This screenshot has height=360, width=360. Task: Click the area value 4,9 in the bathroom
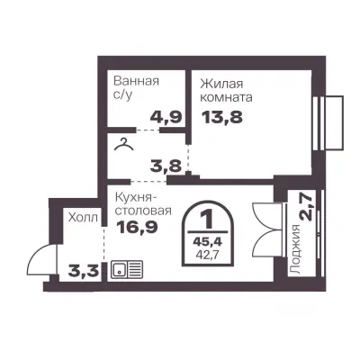pyautogui.click(x=166, y=117)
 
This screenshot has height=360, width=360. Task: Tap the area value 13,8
pyautogui.click(x=222, y=117)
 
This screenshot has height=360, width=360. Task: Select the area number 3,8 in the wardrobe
pyautogui.click(x=166, y=166)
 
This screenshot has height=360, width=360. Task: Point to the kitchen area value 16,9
pyautogui.click(x=137, y=228)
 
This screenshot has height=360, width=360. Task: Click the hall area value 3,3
pyautogui.click(x=84, y=272)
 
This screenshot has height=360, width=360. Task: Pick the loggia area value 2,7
pyautogui.click(x=307, y=207)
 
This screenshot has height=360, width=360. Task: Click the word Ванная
pyautogui.click(x=137, y=81)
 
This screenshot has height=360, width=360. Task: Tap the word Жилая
pyautogui.click(x=221, y=84)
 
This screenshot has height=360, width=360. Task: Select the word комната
pyautogui.click(x=226, y=98)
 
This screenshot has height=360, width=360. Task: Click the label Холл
pyautogui.click(x=83, y=218)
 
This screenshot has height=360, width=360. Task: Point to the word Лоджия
pyautogui.click(x=296, y=249)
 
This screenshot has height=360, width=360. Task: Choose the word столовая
pyautogui.click(x=144, y=211)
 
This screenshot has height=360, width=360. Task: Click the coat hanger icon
pyautogui.click(x=124, y=144)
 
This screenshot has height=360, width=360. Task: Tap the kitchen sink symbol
pyautogui.click(x=127, y=269)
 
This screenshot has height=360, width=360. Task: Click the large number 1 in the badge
pyautogui.click(x=207, y=220)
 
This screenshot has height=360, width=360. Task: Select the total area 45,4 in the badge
pyautogui.click(x=207, y=241)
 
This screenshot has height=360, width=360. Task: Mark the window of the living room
pyautogui.click(x=328, y=122)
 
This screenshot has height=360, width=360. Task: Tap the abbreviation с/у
pyautogui.click(x=122, y=95)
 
